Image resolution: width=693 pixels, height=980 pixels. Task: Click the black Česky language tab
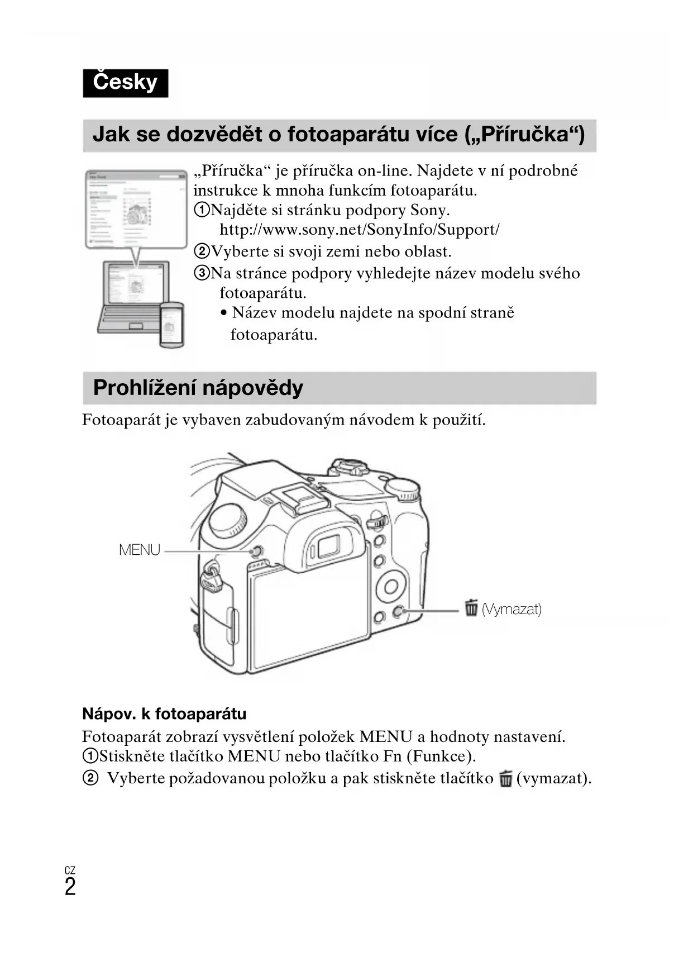[125, 83]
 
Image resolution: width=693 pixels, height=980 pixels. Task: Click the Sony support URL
[359, 230]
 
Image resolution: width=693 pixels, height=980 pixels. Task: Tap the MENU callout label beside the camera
[140, 550]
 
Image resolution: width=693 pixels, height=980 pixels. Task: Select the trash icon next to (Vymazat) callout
[471, 607]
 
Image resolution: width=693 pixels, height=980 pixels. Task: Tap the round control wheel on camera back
[391, 586]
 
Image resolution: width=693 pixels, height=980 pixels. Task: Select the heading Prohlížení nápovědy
[198, 388]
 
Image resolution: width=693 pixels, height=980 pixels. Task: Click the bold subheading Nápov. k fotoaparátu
[164, 714]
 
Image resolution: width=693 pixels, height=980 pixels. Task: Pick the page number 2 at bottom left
[70, 887]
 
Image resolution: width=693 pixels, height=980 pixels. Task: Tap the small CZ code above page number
[70, 870]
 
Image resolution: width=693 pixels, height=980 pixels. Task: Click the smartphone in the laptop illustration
[171, 324]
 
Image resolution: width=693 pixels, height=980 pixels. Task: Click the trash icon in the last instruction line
[506, 778]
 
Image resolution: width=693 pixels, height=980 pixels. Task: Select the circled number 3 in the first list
[201, 273]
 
